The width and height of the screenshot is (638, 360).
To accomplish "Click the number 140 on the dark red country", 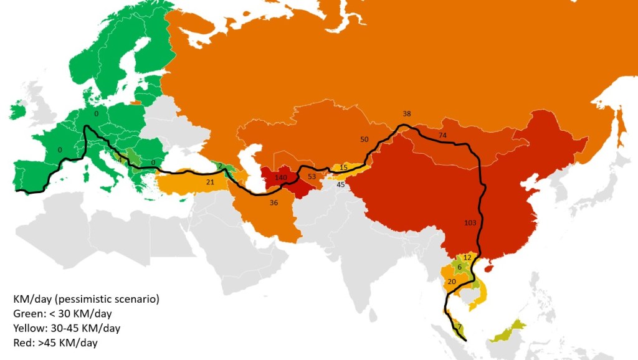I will click(280, 178).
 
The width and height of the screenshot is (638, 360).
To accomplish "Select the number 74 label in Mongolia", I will click(442, 135).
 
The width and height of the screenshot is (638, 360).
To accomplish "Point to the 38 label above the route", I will click(407, 114).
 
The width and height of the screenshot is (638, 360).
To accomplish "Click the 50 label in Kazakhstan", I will click(364, 139).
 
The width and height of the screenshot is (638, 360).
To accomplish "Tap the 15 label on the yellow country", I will click(343, 168).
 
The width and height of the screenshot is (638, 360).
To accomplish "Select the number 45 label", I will click(341, 184).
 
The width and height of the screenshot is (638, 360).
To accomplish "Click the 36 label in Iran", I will click(273, 202).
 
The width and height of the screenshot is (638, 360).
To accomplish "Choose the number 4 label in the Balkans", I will click(120, 160).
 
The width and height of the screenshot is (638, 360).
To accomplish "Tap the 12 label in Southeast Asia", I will click(467, 257).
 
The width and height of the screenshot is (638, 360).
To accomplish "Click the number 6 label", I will click(459, 267).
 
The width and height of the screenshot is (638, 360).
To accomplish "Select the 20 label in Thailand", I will click(452, 282).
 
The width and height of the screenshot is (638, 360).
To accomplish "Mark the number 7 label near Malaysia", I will click(459, 327).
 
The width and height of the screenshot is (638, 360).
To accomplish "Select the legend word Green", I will click(27, 314).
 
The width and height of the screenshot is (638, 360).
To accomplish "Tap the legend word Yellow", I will click(29, 328).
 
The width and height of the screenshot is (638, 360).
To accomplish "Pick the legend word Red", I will click(22, 343).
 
